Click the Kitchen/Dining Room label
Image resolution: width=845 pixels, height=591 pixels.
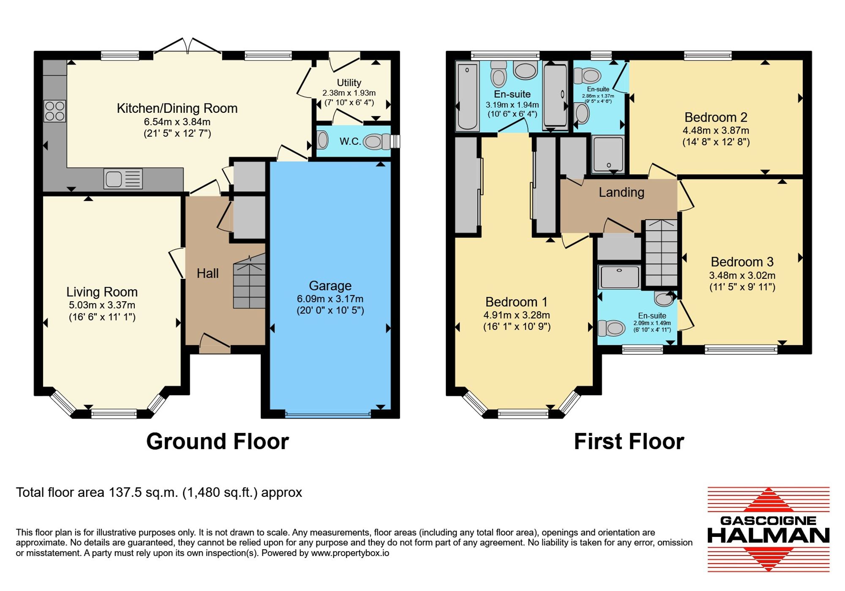pyautogui.click(x=177, y=109)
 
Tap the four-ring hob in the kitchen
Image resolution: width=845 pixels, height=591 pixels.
pyautogui.click(x=55, y=111)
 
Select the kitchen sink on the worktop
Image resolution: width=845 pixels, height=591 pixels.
pyautogui.click(x=123, y=179)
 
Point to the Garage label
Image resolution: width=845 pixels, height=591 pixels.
pyautogui.click(x=330, y=286)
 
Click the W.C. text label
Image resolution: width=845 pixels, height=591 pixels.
pyautogui.click(x=350, y=142)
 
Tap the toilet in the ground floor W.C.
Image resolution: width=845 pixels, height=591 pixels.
pyautogui.click(x=378, y=142)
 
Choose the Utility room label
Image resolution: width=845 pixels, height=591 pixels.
pyautogui.click(x=349, y=82)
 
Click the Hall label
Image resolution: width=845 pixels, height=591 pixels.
pyautogui.click(x=207, y=273)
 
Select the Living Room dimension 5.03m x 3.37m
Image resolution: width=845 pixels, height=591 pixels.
pyautogui.click(x=102, y=305)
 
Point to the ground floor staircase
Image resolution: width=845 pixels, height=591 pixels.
pyautogui.click(x=249, y=281)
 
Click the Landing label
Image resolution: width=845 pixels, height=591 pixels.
pyautogui.click(x=621, y=193)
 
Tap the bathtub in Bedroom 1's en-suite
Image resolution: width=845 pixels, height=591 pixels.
pyautogui.click(x=467, y=96)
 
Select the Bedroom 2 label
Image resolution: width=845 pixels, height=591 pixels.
pyautogui.click(x=716, y=117)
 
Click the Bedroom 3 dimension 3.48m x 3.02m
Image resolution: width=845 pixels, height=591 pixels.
pyautogui.click(x=742, y=275)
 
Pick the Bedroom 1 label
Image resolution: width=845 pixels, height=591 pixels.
pyautogui.click(x=516, y=302)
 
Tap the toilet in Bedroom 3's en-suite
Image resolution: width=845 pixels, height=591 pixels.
pyautogui.click(x=611, y=328)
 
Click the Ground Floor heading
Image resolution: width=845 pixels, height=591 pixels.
pyautogui.click(x=218, y=441)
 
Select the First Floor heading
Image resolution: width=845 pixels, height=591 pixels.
pyautogui.click(x=629, y=441)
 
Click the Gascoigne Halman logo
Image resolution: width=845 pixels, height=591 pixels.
pyautogui.click(x=769, y=529)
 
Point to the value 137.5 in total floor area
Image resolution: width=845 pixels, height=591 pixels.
pyautogui.click(x=125, y=493)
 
